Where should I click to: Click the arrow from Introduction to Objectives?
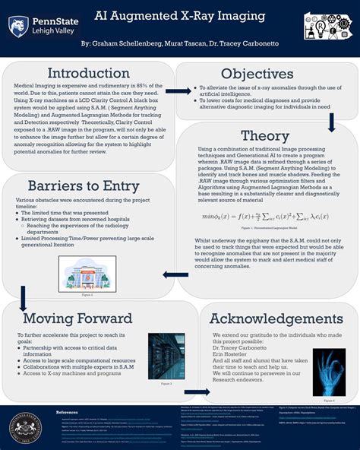178,91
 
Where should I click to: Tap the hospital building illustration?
87,273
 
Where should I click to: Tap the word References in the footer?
67,412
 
